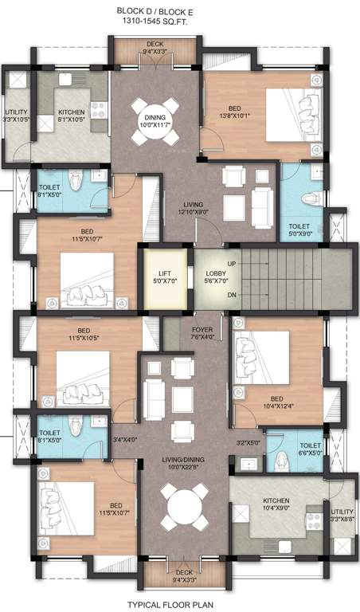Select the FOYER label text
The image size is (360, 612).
(x=202, y=332)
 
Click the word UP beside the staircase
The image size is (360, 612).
(x=232, y=263)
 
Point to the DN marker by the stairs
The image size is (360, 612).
(x=232, y=294)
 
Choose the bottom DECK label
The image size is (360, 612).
(x=184, y=575)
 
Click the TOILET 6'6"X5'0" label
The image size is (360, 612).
(x=310, y=450)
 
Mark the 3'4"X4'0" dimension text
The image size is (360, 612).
(x=125, y=439)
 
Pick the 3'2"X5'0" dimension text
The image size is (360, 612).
(x=248, y=443)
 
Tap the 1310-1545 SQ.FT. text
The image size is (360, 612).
(x=182, y=24)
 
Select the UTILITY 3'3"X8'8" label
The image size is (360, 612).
(x=342, y=515)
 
